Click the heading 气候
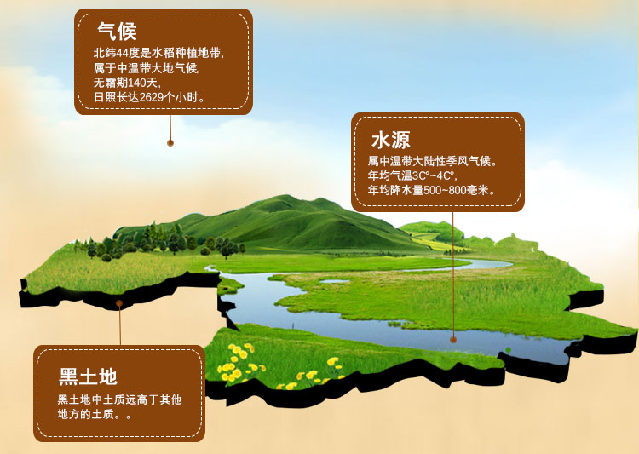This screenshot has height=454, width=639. tap(117, 32)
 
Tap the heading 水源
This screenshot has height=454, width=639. tap(391, 140)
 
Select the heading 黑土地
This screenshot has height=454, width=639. tap(88, 376)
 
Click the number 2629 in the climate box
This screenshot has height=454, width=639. tap(151, 97)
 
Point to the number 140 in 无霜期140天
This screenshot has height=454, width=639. tap(137, 83)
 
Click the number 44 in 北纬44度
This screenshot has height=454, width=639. tap(123, 54)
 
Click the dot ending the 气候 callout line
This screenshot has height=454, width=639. tap(170, 142)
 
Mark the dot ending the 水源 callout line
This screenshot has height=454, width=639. tap(453, 340)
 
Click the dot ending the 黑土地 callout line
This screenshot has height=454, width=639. tap(119, 303)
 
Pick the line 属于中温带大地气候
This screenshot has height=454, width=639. tap(146, 68)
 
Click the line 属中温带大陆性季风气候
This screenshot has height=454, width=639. tap(433, 161)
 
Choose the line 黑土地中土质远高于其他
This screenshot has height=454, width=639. tap(119, 399)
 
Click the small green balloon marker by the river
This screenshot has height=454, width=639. tap(508, 350)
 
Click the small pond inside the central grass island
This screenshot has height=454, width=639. tap(334, 281)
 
